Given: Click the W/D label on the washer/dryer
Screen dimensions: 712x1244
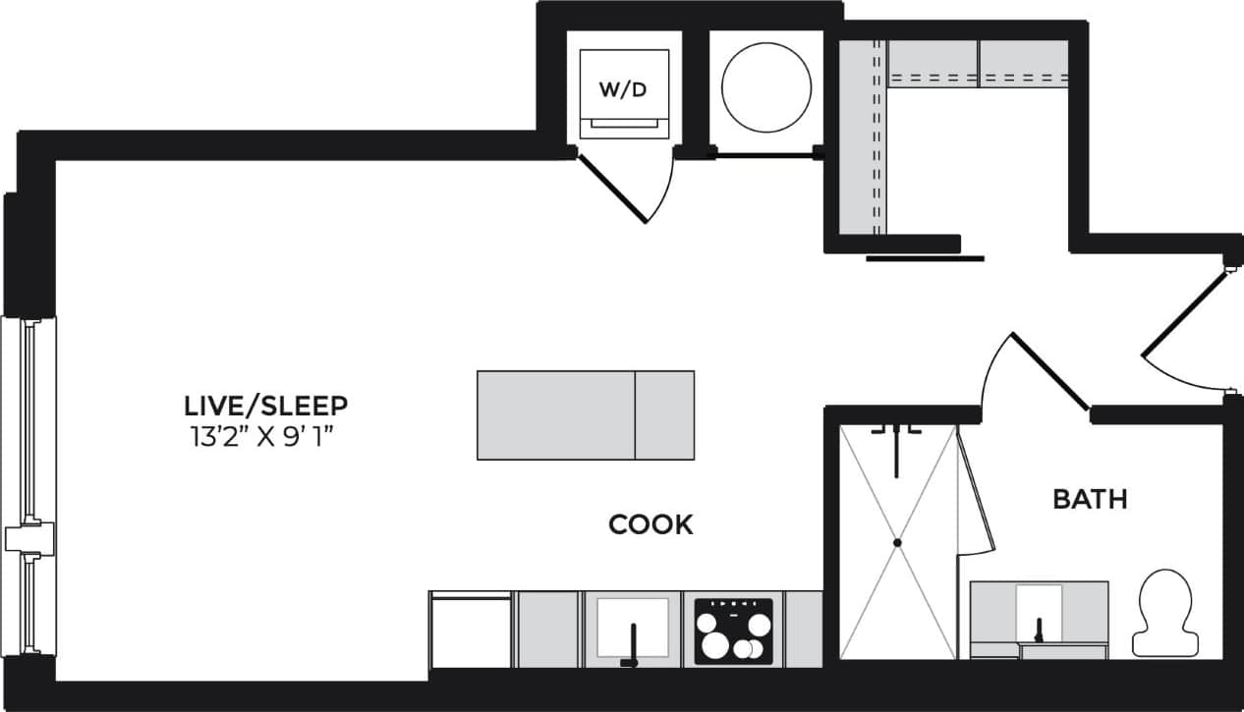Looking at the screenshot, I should [624, 90].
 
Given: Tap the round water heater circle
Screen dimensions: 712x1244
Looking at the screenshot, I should [766, 86].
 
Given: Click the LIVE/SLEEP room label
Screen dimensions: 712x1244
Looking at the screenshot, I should [265, 405].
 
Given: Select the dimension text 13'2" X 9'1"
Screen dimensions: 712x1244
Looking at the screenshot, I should [265, 436].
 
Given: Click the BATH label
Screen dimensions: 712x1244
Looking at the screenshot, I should [1090, 500].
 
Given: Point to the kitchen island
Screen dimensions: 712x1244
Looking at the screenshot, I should [586, 414].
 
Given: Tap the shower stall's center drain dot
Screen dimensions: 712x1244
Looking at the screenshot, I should [897, 542].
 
